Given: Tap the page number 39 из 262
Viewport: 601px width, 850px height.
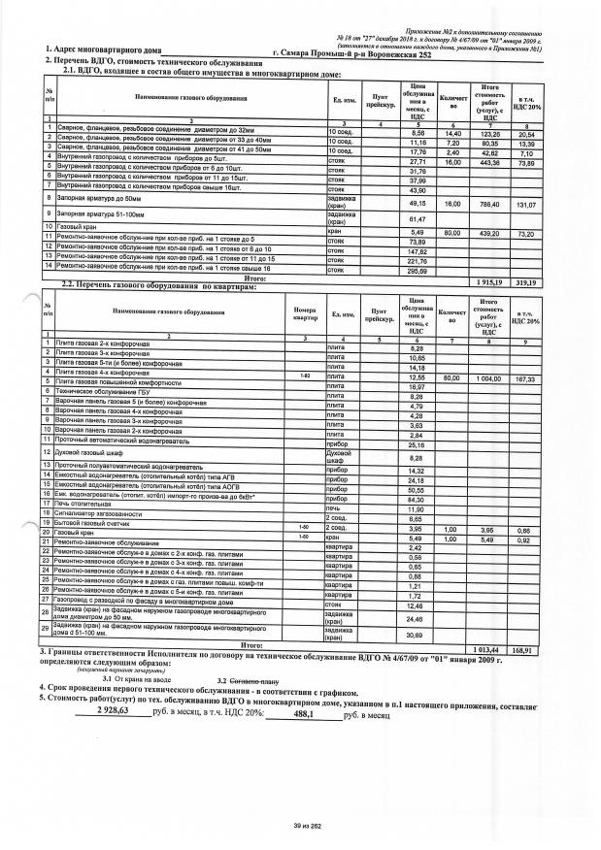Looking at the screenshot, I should click(x=305, y=825).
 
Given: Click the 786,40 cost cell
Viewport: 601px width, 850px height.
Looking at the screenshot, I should click(x=495, y=205).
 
